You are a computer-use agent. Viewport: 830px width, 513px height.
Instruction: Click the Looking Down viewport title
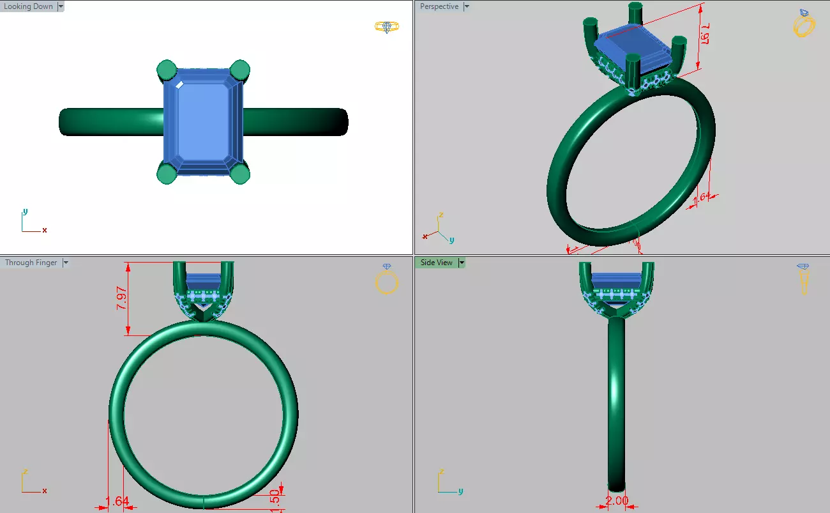(x=29, y=6)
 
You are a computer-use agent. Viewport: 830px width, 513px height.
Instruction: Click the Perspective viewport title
(x=439, y=6)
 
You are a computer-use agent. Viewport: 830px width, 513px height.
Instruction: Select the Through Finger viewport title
(x=31, y=263)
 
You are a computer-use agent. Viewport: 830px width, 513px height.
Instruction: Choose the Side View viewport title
(x=436, y=263)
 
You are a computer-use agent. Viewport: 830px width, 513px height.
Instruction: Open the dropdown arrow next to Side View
(x=462, y=263)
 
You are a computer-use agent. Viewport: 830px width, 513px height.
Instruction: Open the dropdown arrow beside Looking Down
(x=61, y=6)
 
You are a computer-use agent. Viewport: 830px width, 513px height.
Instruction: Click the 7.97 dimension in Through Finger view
(x=121, y=298)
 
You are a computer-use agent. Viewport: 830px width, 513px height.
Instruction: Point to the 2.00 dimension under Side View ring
(x=617, y=501)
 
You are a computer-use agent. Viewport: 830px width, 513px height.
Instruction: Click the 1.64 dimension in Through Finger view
(x=117, y=502)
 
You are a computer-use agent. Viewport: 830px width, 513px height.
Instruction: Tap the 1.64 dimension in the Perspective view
(x=701, y=197)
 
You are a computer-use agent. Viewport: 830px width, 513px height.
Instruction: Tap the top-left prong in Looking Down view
(x=166, y=69)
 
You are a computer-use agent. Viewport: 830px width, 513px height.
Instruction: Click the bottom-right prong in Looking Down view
(x=239, y=173)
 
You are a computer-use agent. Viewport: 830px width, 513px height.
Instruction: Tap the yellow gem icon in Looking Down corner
(x=387, y=27)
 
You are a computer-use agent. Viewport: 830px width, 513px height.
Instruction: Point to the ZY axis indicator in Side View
(x=447, y=483)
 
